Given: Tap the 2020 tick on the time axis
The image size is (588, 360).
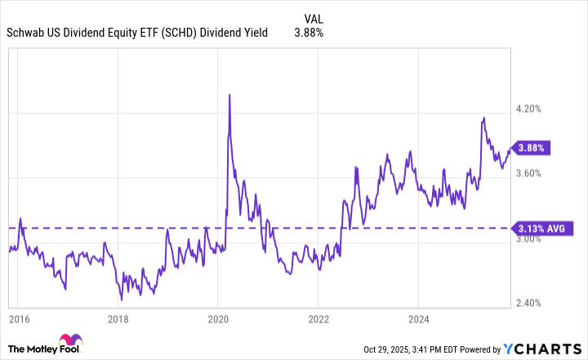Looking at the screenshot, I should [x=218, y=318].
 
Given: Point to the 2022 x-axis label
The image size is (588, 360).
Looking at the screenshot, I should [x=318, y=318].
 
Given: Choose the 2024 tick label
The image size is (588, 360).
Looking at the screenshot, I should [x=418, y=318].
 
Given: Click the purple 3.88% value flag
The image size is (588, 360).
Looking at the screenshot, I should [x=532, y=148].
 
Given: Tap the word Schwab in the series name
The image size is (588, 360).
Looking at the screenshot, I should [x=27, y=33].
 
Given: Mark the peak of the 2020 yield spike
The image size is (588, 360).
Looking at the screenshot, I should [x=229, y=95].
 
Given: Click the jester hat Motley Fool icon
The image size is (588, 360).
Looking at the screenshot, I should [x=67, y=343].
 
